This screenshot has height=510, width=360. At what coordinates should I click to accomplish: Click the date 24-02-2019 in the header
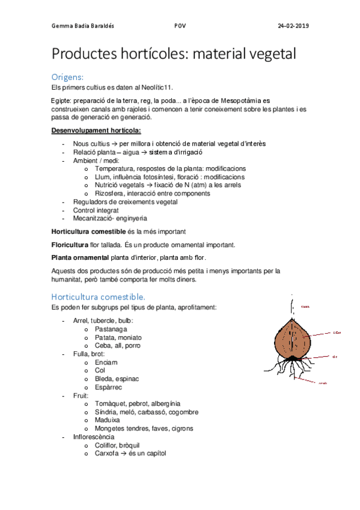tap(293, 26)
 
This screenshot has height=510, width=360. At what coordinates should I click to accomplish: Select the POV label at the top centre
tap(179, 26)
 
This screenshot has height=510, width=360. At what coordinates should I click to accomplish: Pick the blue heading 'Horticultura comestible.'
tap(98, 296)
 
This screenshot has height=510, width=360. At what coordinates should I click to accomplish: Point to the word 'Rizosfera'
tap(111, 194)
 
